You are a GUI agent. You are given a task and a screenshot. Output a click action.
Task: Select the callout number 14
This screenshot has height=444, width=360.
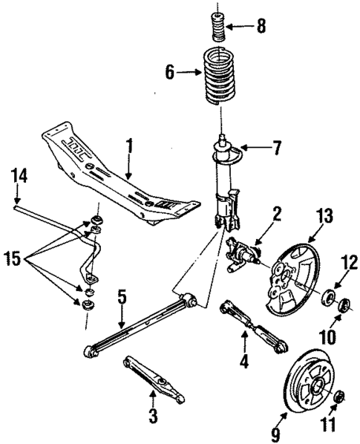click(19, 176)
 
